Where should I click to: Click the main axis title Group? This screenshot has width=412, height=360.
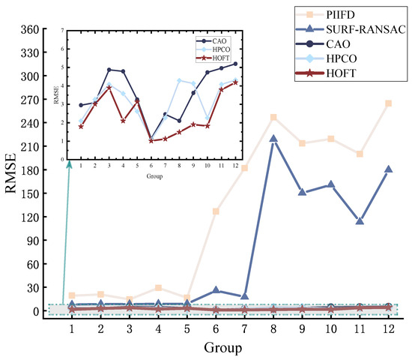230,348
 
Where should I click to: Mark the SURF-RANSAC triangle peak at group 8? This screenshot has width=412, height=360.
273,139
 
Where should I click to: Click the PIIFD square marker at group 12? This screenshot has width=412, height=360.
388,103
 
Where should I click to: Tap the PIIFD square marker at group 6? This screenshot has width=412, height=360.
216,211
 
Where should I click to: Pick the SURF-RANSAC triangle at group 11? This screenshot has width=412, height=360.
360,221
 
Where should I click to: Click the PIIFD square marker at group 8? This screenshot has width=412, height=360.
273,118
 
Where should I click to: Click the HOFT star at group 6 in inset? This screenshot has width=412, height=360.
151,140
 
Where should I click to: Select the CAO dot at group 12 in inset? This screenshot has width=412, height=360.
235,64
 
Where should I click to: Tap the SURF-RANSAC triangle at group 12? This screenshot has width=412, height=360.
388,169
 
